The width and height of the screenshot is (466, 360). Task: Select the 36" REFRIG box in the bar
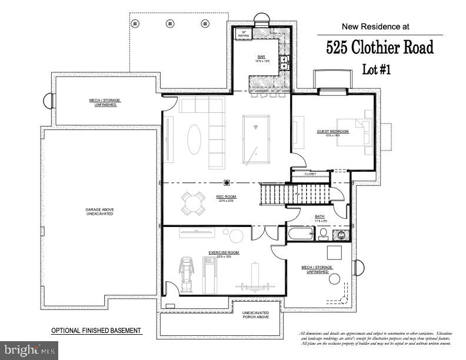point(244,34)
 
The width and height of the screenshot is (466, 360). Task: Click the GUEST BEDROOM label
point(333,132)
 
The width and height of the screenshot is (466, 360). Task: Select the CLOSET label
point(310,174)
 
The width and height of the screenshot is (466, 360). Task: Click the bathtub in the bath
point(301,234)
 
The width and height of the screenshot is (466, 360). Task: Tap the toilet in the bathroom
point(323,234)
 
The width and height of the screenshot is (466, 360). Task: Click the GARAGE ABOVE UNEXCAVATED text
point(99,211)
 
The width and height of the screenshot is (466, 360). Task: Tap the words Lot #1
point(376,69)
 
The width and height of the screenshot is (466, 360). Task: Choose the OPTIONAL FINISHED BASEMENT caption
point(96,331)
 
